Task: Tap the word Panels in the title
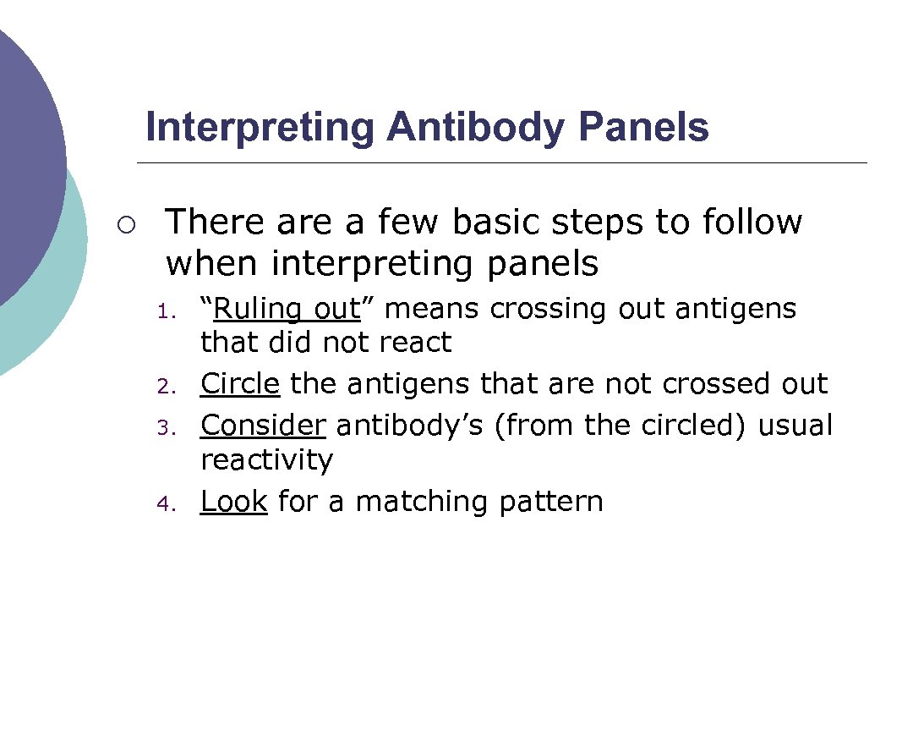[643, 127]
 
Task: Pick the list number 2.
[165, 387]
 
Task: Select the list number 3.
[165, 427]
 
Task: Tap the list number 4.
[165, 504]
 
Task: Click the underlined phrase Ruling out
[287, 310]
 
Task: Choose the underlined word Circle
[239, 384]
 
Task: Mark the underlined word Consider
[262, 425]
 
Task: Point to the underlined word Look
[233, 502]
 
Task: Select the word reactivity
[266, 460]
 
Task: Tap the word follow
[752, 222]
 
